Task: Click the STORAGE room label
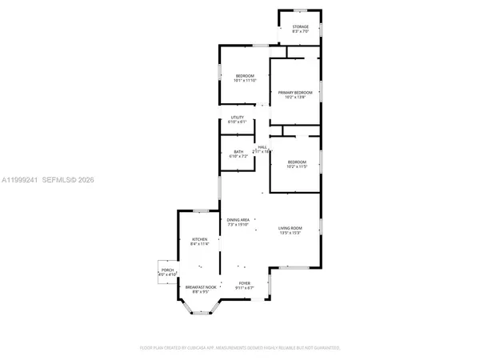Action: [300, 26]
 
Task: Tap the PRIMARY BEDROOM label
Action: [294, 93]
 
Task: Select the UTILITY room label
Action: [238, 118]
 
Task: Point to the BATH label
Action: [238, 152]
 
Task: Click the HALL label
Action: [262, 146]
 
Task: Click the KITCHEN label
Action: [199, 239]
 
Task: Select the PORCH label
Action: [168, 270]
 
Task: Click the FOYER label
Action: [246, 283]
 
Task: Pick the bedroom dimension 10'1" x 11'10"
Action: [245, 81]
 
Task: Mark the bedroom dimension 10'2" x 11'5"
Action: [297, 166]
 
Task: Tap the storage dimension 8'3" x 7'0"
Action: [300, 32]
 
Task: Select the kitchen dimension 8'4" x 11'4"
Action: [199, 245]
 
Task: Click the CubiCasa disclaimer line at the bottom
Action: [240, 348]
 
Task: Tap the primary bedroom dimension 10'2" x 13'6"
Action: [294, 98]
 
